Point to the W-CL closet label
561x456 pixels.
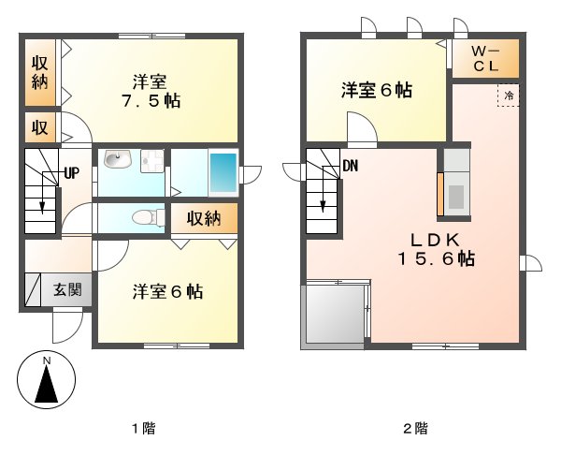pos(485,59)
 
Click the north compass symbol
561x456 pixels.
pos(45,381)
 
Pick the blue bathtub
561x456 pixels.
pos(223,171)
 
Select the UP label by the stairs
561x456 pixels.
pos(71,172)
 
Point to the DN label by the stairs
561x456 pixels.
pos(351,167)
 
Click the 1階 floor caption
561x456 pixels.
pos(142,429)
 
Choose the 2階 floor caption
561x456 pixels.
pos(415,429)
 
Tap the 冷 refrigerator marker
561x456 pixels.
pos(509,95)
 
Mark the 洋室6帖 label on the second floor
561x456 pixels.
pos(376,90)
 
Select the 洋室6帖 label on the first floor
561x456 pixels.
pos(166,291)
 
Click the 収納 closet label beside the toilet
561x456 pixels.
pos(203,219)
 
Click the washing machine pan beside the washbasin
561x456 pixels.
pos(151,162)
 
